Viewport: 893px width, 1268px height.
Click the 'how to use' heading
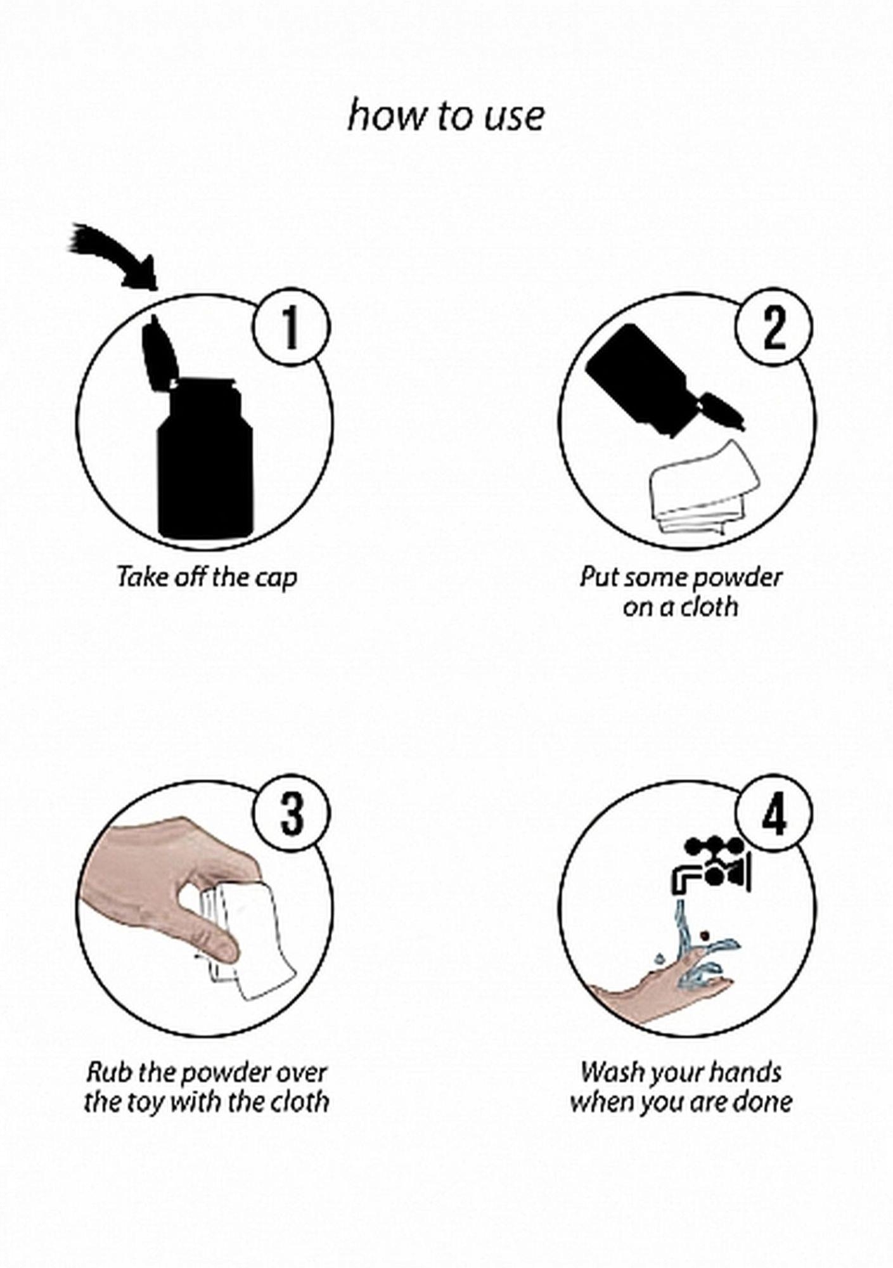pyautogui.click(x=446, y=116)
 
